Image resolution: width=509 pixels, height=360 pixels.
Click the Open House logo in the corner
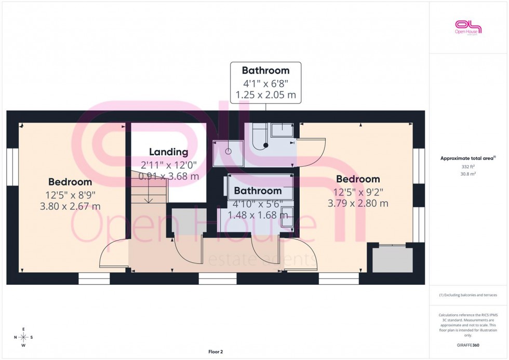click(x=468, y=27)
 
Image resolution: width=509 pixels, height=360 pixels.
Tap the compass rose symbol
click(x=23, y=338)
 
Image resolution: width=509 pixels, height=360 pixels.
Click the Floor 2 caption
click(x=215, y=352)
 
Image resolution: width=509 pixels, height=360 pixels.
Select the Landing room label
click(x=168, y=152)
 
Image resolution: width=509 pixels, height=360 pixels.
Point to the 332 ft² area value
click(x=468, y=167)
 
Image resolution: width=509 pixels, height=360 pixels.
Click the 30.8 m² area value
click(x=468, y=174)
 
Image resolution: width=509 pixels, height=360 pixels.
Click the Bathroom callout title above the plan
click(x=265, y=71)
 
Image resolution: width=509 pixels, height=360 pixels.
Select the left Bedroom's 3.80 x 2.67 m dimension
click(x=70, y=206)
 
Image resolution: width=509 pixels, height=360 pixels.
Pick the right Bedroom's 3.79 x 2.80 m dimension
click(x=358, y=203)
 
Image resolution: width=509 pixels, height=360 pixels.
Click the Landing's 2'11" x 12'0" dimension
click(x=168, y=165)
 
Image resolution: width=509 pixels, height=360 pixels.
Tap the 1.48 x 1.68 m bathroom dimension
click(x=258, y=215)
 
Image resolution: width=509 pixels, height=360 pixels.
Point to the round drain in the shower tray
click(x=228, y=152)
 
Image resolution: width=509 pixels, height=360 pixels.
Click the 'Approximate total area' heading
click(x=468, y=158)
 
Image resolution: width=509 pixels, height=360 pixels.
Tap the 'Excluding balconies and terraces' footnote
click(x=468, y=295)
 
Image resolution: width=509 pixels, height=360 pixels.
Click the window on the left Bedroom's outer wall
click(x=10, y=167)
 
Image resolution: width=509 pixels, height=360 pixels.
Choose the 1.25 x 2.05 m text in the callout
click(x=265, y=95)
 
